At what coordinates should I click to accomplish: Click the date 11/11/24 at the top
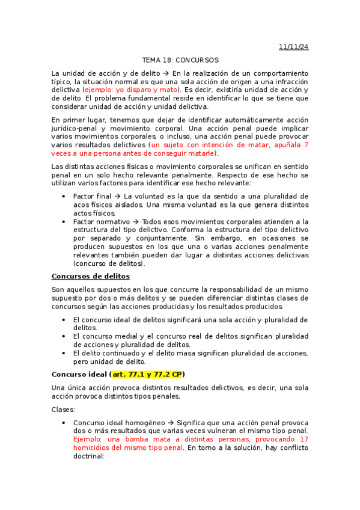293,46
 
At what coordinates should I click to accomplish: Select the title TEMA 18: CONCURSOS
180,60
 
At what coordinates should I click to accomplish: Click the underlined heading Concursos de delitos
91,276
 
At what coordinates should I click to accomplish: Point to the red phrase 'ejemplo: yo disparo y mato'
126,90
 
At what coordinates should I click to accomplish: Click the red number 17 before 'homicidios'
304,439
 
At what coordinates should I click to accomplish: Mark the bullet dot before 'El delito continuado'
64,353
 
